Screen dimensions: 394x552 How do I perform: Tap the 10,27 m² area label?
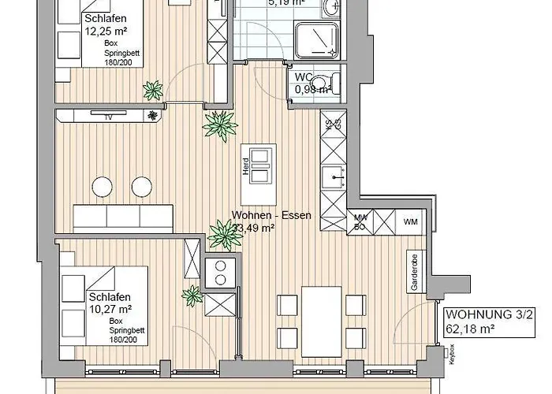(110, 310)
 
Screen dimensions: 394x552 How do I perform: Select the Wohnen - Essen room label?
(272, 215)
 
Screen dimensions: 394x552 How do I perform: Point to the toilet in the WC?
(335, 81)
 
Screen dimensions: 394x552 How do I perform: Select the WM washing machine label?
(410, 221)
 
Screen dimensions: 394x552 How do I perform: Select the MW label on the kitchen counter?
(360, 217)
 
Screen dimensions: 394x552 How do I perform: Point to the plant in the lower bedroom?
(192, 297)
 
